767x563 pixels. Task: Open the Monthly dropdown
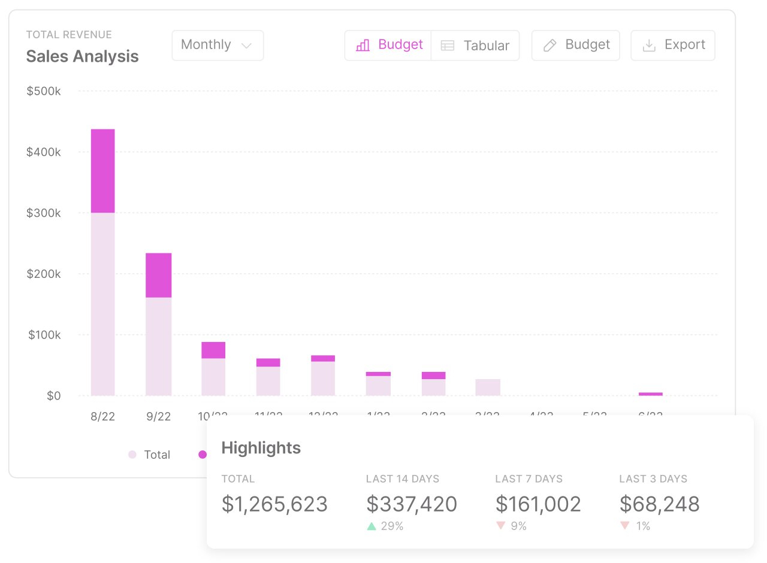pyautogui.click(x=217, y=45)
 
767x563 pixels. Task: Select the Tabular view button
pyautogui.click(x=475, y=46)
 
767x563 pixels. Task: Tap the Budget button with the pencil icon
pyautogui.click(x=575, y=45)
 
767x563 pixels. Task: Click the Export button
pyautogui.click(x=672, y=45)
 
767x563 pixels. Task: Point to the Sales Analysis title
pyautogui.click(x=82, y=56)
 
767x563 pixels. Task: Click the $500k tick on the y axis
pyautogui.click(x=44, y=91)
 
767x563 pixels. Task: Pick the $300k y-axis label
pyautogui.click(x=44, y=213)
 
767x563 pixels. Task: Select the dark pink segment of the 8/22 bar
pyautogui.click(x=102, y=171)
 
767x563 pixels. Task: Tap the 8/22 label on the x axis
pyautogui.click(x=102, y=416)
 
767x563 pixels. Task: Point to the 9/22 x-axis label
pyautogui.click(x=158, y=416)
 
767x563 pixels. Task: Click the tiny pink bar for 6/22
pyautogui.click(x=650, y=394)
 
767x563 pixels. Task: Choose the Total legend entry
pyautogui.click(x=150, y=455)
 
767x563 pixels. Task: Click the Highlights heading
pyautogui.click(x=261, y=447)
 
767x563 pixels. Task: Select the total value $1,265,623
pyautogui.click(x=274, y=504)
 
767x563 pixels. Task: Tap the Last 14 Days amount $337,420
pyautogui.click(x=411, y=504)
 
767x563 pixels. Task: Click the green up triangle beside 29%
pyautogui.click(x=371, y=526)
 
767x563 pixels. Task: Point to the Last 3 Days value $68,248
pyautogui.click(x=659, y=504)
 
